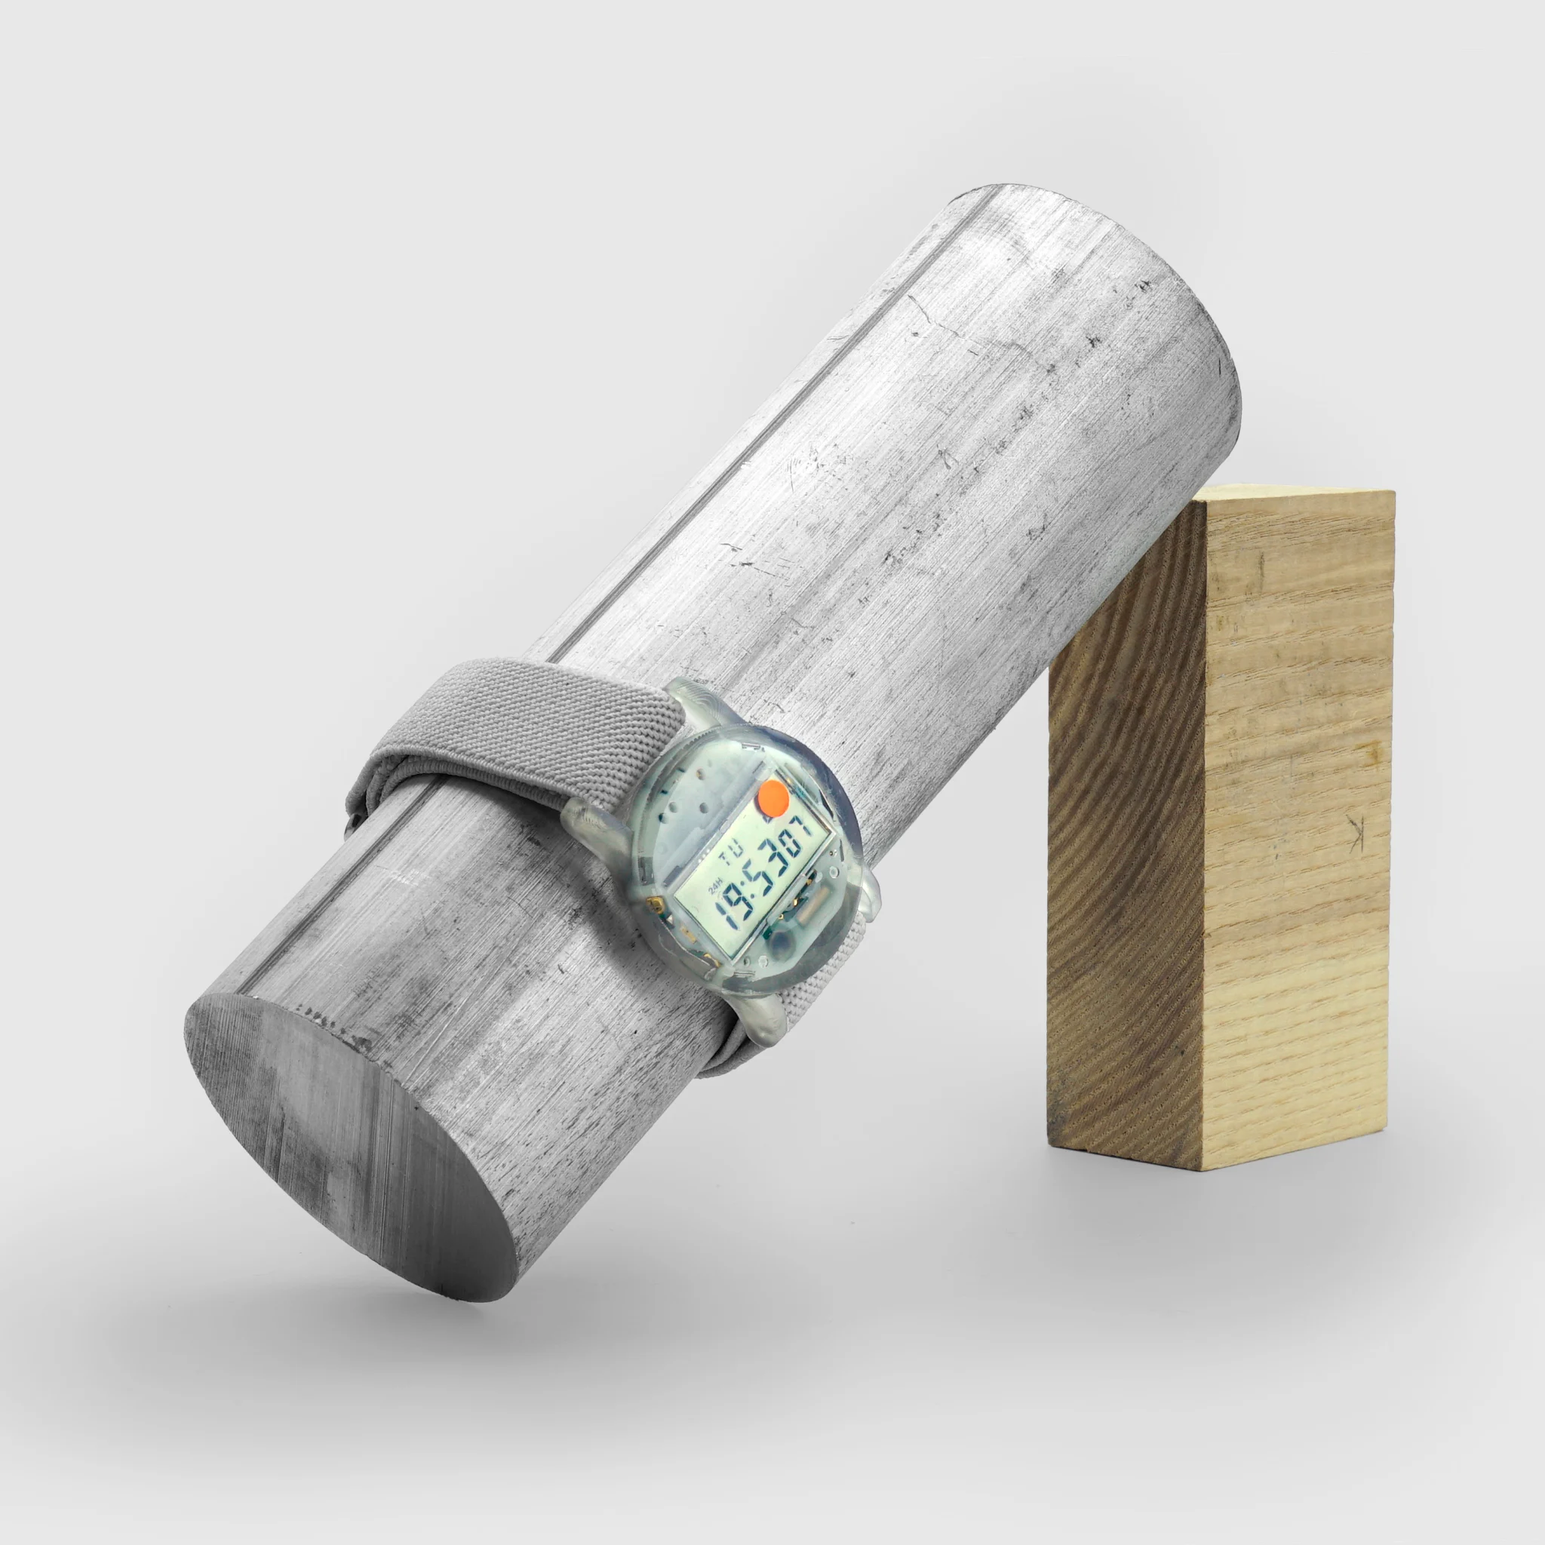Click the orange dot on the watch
click(x=773, y=797)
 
